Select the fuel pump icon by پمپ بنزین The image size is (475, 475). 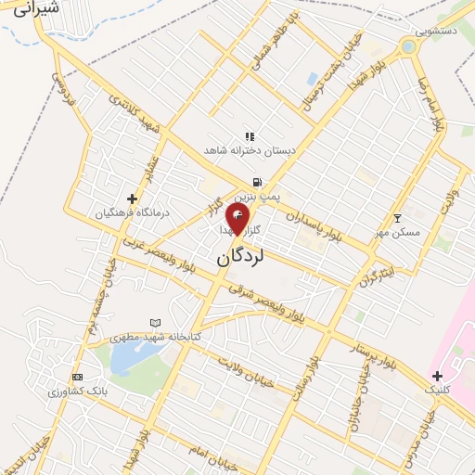tap(255, 182)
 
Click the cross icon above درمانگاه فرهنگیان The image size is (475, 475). tap(133, 199)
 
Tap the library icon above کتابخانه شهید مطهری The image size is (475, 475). tap(154, 322)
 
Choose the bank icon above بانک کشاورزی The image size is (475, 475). tap(77, 377)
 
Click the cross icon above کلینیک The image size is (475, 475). tap(437, 376)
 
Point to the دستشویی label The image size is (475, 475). tap(436, 32)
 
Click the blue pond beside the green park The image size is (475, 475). tap(126, 358)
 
